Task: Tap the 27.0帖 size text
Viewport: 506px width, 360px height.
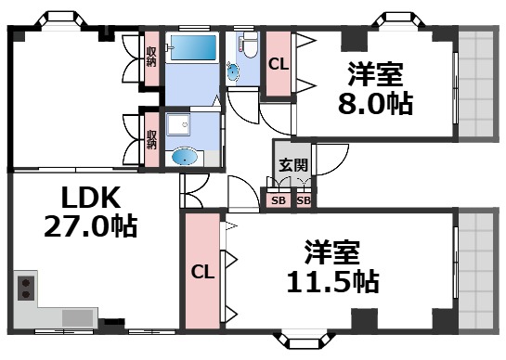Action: (91, 226)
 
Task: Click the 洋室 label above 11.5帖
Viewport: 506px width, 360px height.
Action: (331, 251)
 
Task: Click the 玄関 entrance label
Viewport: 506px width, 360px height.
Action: (286, 166)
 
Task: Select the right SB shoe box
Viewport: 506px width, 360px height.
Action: (305, 199)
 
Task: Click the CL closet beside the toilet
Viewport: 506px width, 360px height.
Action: (279, 64)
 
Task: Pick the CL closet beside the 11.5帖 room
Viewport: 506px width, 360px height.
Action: (202, 273)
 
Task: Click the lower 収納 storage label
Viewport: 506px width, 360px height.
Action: (151, 139)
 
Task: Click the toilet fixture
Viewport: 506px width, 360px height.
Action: (243, 46)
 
